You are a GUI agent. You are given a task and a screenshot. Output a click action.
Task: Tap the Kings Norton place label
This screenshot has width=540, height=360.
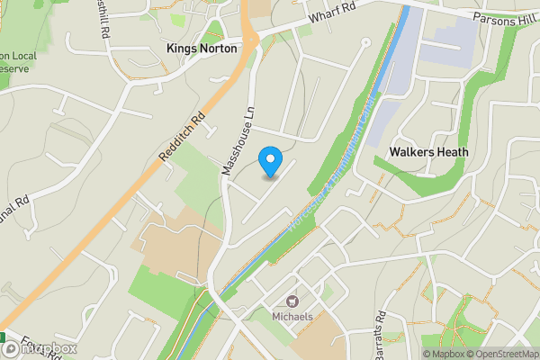coord(202,49)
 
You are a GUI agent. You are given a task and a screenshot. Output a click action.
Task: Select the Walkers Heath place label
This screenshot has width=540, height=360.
coord(428,152)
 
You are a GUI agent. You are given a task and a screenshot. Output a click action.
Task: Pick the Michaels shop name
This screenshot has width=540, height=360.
coord(293,317)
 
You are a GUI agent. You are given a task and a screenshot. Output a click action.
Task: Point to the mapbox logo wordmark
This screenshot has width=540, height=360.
coord(45,348)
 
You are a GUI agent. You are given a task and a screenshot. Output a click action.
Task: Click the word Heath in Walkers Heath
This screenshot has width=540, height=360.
coord(453,152)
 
